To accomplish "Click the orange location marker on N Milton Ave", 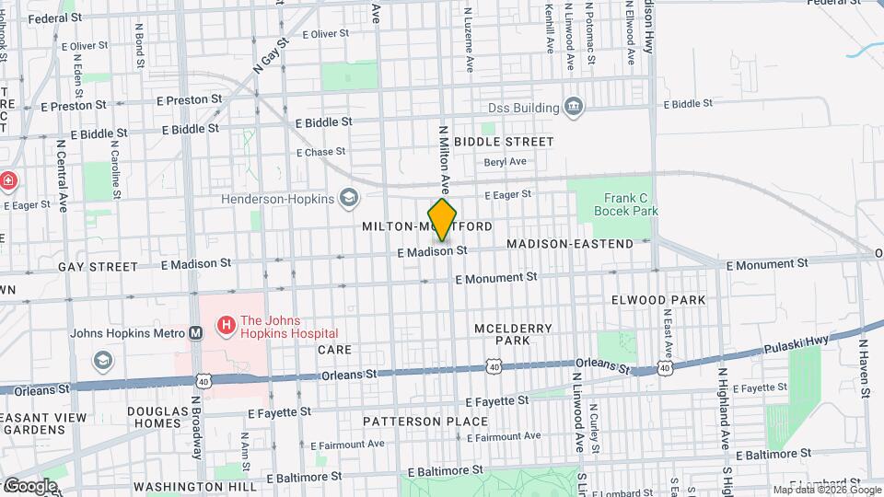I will [442, 220].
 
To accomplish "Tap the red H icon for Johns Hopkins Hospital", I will [224, 325].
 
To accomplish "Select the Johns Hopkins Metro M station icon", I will [196, 333].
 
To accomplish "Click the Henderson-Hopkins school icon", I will [349, 196].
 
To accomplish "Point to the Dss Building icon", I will [575, 108].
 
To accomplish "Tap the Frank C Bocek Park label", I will [631, 203].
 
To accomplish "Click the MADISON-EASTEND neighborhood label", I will [570, 244].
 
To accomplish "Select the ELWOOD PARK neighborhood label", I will [658, 300].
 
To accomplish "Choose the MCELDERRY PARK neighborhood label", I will [512, 334].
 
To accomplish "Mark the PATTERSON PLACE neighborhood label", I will [425, 422].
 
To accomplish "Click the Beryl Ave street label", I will [505, 162].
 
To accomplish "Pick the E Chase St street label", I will [320, 152].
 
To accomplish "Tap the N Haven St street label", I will [864, 368].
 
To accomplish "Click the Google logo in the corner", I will [29, 485].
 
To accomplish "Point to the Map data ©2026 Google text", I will [826, 490].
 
